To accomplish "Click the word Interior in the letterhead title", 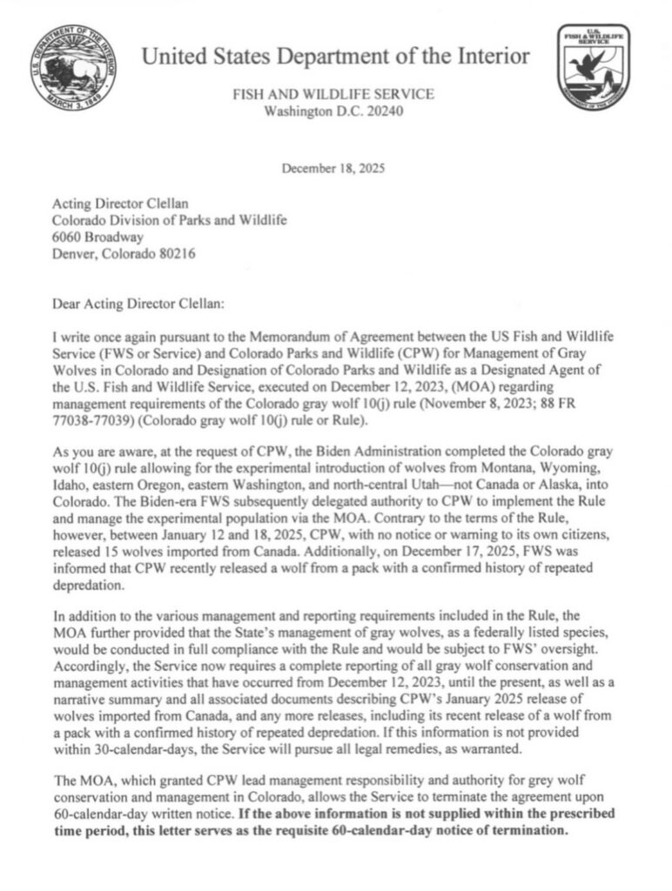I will (x=488, y=57).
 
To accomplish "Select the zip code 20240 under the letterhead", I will (x=386, y=111).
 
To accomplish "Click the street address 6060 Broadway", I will (x=97, y=237).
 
